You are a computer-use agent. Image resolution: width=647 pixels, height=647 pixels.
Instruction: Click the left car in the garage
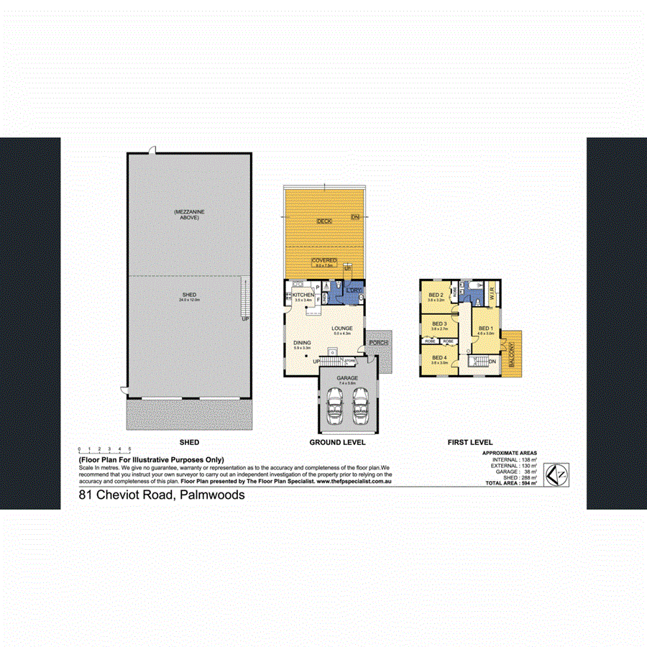(334, 408)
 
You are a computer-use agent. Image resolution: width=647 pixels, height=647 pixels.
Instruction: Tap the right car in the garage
(359, 408)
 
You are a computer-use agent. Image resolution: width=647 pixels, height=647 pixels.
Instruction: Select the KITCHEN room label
(303, 295)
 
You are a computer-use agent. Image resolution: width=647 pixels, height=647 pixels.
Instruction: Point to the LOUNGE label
(341, 329)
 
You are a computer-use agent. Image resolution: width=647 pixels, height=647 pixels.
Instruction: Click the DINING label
(302, 343)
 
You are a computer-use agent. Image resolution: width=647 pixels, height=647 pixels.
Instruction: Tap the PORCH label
(378, 343)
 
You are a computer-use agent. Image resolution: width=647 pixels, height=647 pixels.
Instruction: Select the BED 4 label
(439, 357)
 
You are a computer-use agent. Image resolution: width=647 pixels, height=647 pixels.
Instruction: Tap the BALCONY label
(512, 354)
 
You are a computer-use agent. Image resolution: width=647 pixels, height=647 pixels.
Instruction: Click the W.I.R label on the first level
(492, 293)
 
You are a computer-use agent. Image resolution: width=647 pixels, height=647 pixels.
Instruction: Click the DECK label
(324, 221)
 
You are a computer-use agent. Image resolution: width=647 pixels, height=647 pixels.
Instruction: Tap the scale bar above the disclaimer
(104, 450)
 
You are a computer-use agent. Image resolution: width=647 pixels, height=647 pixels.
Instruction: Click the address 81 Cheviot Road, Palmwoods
(162, 495)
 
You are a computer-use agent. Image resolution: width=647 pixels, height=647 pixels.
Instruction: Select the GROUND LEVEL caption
(337, 442)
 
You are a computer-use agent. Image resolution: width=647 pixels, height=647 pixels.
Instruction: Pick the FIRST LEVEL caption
(469, 442)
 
